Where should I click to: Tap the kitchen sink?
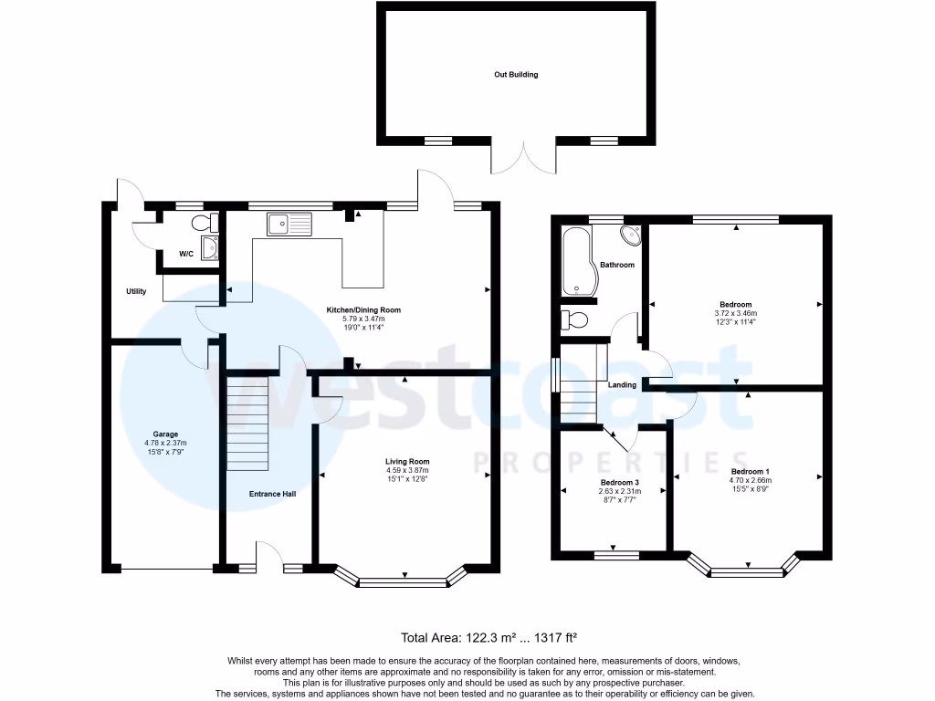[289, 223]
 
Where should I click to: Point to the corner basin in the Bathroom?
[630, 235]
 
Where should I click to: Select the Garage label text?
[165, 434]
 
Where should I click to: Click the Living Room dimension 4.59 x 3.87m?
[406, 470]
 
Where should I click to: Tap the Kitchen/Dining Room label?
[364, 310]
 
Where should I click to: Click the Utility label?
[136, 292]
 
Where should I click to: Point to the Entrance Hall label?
[272, 494]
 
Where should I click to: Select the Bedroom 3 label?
[619, 482]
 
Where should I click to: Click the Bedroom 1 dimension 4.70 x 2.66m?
[750, 480]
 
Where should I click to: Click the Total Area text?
[489, 639]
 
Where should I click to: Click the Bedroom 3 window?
[616, 553]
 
